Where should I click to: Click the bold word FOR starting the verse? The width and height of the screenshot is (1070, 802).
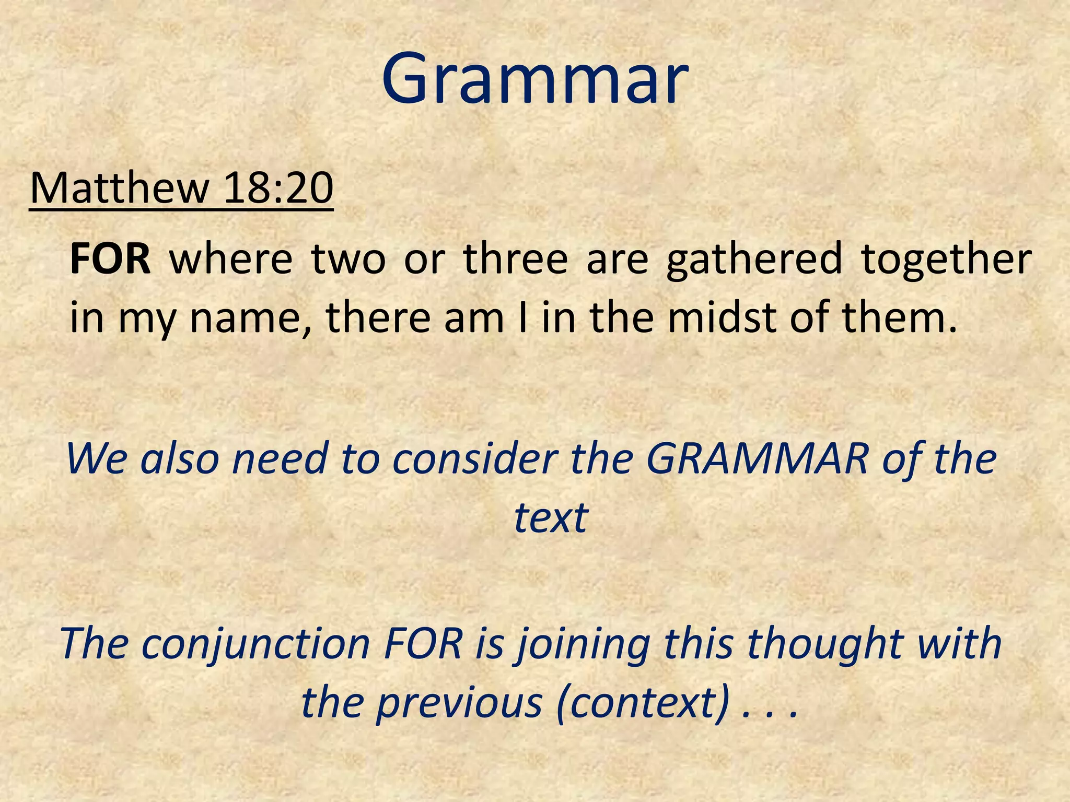click(x=110, y=258)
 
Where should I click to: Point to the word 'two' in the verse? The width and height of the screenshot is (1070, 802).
click(x=348, y=258)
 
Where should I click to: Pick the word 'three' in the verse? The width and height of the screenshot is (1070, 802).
click(x=515, y=258)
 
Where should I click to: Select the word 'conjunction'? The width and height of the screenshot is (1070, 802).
click(x=256, y=644)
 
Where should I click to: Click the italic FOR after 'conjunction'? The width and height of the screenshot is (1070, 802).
click(x=423, y=643)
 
